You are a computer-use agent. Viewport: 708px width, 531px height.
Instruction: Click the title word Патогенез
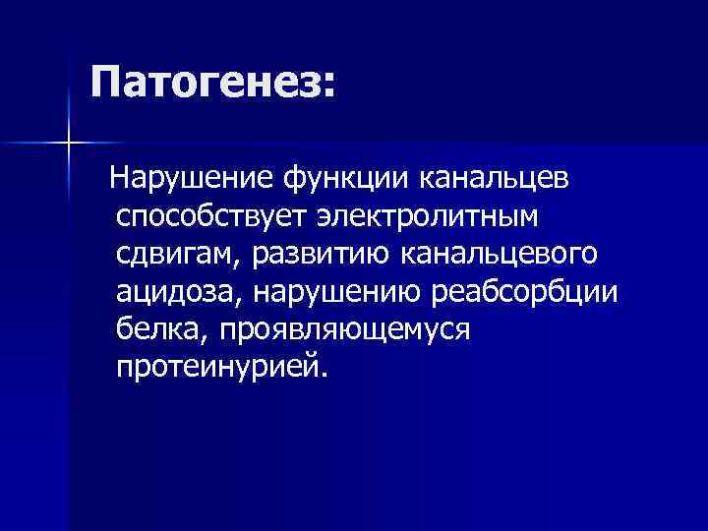click(x=204, y=83)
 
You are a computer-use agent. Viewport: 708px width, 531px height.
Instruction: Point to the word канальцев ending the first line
click(x=493, y=179)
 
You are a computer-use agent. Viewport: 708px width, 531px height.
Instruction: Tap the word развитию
click(x=321, y=255)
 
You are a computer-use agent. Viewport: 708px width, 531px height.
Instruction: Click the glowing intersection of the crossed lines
click(x=68, y=144)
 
